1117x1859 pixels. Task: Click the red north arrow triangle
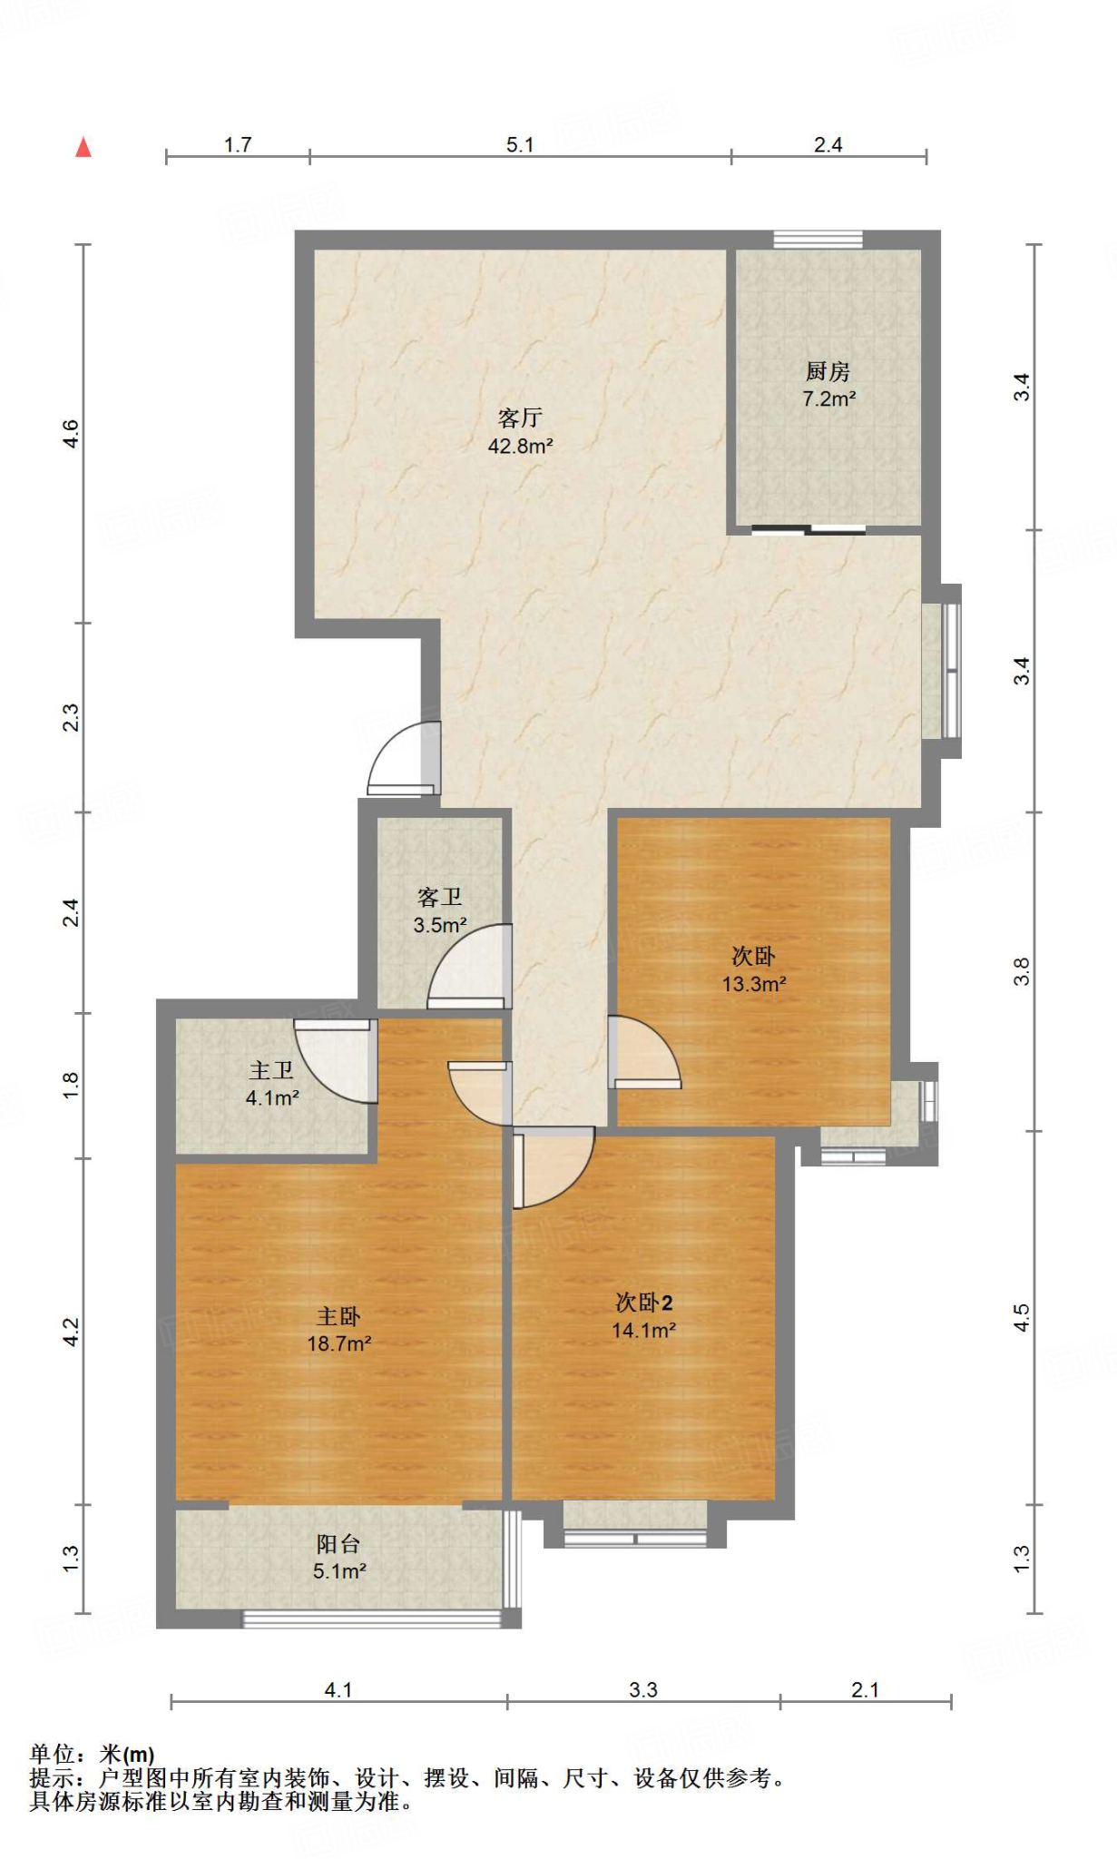click(x=83, y=146)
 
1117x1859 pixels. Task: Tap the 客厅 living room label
click(x=520, y=418)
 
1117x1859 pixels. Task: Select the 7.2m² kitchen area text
click(x=829, y=398)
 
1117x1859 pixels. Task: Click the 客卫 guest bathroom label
click(x=440, y=897)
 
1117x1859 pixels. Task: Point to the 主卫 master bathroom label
click(x=271, y=1070)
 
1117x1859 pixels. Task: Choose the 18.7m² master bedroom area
click(x=339, y=1343)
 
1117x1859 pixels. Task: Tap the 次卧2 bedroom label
click(x=643, y=1303)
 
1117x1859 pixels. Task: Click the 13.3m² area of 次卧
click(x=754, y=984)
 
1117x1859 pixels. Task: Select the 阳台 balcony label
click(x=338, y=1543)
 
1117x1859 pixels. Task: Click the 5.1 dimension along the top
click(x=520, y=144)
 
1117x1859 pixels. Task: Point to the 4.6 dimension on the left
click(x=71, y=433)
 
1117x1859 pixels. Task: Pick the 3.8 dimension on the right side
click(x=1022, y=971)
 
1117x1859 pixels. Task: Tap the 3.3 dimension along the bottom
click(x=643, y=1689)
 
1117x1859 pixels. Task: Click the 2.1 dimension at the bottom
click(x=865, y=1689)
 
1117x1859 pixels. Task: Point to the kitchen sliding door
click(x=808, y=530)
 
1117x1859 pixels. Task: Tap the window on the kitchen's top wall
click(x=818, y=240)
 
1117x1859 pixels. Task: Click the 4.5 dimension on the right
click(x=1022, y=1317)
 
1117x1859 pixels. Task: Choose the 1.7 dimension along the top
click(x=238, y=144)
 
